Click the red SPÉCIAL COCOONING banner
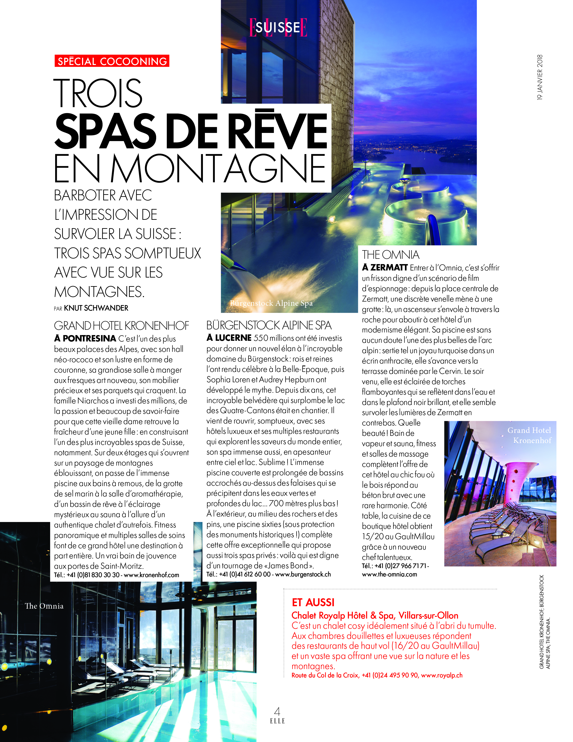click(x=112, y=61)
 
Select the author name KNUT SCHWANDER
click(x=96, y=308)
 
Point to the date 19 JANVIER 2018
click(x=540, y=77)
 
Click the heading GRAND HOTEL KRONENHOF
click(x=121, y=326)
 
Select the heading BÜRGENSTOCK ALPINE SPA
click(x=269, y=325)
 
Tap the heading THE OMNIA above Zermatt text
click(x=391, y=255)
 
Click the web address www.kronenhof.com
click(x=151, y=575)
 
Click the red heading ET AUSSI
click(x=313, y=603)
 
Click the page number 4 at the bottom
click(x=277, y=711)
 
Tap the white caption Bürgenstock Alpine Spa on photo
click(x=271, y=303)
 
